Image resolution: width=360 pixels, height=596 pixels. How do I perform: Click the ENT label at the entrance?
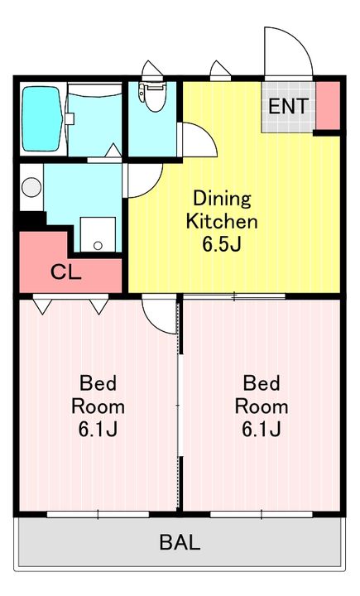click(288, 106)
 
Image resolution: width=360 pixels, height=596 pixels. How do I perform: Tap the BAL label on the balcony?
click(180, 542)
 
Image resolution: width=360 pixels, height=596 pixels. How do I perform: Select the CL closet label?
click(66, 272)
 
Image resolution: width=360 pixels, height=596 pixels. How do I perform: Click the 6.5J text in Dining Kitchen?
click(222, 244)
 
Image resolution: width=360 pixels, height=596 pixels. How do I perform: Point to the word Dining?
click(223, 199)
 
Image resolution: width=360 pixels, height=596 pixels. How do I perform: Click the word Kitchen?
click(222, 222)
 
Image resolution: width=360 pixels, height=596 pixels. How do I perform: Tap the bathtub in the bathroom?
click(41, 118)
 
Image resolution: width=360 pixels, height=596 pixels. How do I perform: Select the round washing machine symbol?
click(31, 187)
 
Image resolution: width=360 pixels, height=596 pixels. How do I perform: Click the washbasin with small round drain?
click(98, 234)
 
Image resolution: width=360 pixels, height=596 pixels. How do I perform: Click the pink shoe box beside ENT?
click(328, 106)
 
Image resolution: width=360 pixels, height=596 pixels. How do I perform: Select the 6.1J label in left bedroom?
click(98, 429)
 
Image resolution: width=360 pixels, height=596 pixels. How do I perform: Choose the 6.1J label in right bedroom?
click(262, 429)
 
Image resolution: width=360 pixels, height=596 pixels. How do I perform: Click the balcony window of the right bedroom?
click(262, 514)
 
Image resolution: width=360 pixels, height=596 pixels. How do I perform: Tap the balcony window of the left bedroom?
click(98, 514)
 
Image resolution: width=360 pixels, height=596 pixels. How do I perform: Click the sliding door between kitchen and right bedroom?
click(233, 296)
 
